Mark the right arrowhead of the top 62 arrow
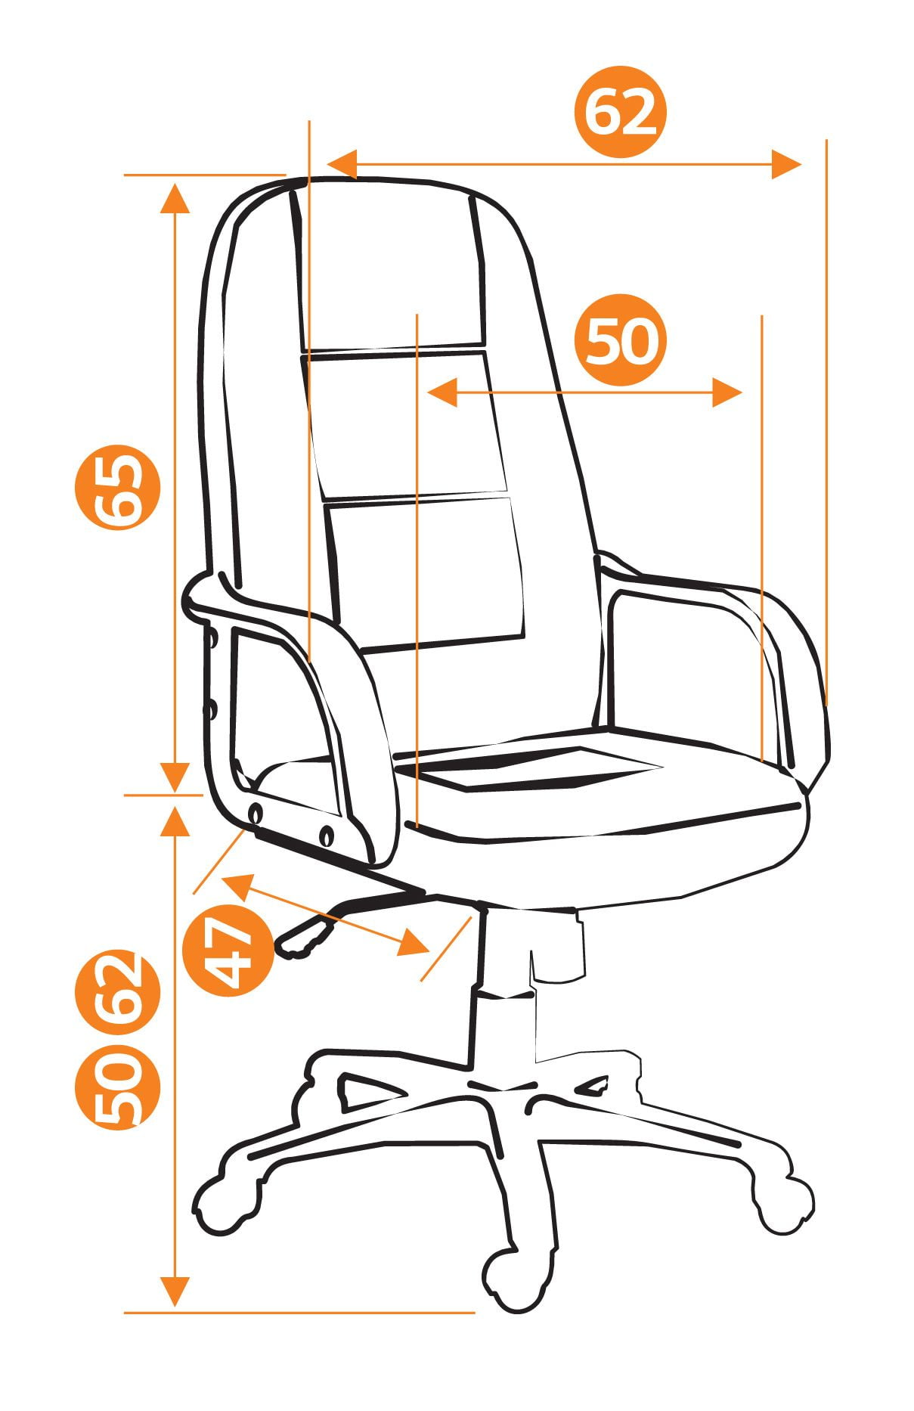pos(785,164)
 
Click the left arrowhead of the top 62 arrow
pos(341,164)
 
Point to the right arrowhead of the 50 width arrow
pos(727,393)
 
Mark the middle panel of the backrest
pos(404,425)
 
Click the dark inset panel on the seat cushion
pos(529,765)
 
